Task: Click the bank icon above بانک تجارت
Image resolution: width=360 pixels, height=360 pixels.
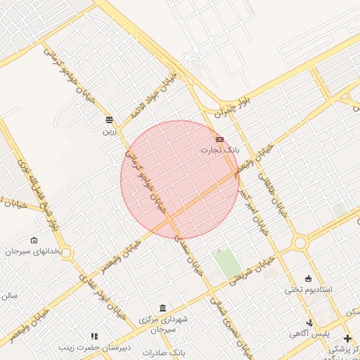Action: pyautogui.click(x=220, y=139)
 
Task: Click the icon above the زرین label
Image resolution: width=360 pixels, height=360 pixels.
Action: pyautogui.click(x=109, y=120)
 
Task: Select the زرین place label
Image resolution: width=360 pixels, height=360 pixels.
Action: pyautogui.click(x=109, y=130)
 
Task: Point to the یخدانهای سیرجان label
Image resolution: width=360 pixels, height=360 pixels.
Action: pyautogui.click(x=34, y=251)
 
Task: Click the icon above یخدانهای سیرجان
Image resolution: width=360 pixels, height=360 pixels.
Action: pyautogui.click(x=34, y=240)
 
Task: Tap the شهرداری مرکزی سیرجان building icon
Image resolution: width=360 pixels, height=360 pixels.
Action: pyautogui.click(x=163, y=308)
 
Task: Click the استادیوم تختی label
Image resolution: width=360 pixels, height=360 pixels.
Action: pyautogui.click(x=308, y=289)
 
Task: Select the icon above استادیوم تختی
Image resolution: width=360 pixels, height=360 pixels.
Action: pyautogui.click(x=308, y=278)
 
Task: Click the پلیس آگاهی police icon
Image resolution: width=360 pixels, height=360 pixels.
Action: pyautogui.click(x=311, y=323)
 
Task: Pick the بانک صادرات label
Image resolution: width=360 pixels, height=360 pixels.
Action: pyautogui.click(x=162, y=352)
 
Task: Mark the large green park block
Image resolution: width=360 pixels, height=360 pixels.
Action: pyautogui.click(x=227, y=263)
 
